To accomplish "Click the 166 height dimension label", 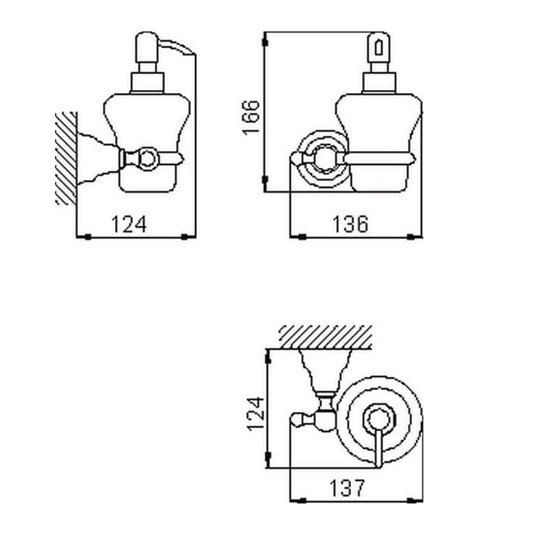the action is pos(251,117).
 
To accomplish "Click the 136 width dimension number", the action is pos(350,224).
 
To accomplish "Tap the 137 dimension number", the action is pos(347,488).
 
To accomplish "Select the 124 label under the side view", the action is pos(129,224).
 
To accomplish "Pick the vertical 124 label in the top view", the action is pos(256,413).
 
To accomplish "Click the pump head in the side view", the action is pos(147,47).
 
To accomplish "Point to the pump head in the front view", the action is pos(379,47).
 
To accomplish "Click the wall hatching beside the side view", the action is pos(66,158).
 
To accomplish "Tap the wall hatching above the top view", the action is pos(326,337).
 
